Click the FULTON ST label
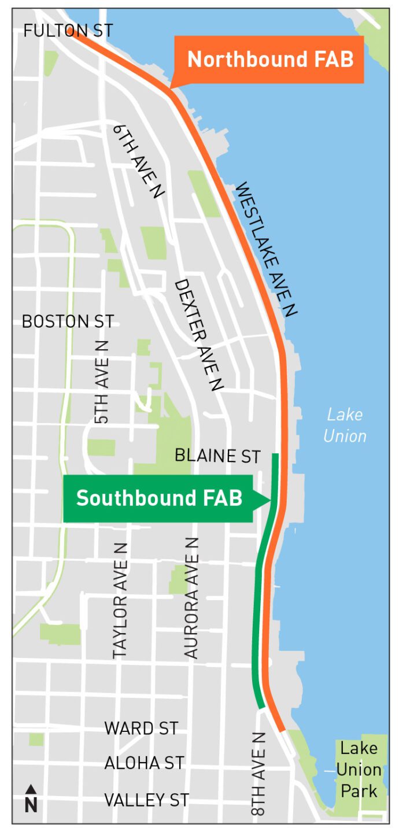[x=68, y=31]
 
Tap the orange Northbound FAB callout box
[x=269, y=60]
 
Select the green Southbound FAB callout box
[x=158, y=498]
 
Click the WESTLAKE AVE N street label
[x=265, y=249]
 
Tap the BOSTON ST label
[x=68, y=322]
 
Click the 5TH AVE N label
[x=102, y=382]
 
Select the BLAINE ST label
[x=217, y=457]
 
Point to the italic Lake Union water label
[x=345, y=425]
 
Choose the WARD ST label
[x=141, y=728]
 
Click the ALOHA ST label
[x=144, y=764]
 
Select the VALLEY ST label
[x=146, y=800]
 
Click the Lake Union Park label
[x=359, y=770]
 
